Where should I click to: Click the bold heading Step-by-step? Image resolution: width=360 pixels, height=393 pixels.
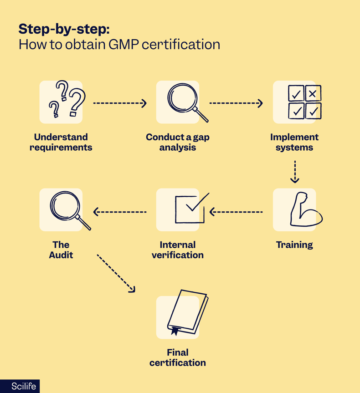click(64, 28)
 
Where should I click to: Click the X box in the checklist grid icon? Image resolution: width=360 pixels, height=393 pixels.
click(313, 94)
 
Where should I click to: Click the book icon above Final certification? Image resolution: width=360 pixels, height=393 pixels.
click(187, 312)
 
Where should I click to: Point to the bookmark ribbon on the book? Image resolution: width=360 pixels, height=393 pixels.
click(174, 331)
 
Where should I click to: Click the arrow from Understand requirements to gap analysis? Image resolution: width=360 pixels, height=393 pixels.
click(119, 103)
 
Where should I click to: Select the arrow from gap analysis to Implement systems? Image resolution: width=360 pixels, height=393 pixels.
click(236, 103)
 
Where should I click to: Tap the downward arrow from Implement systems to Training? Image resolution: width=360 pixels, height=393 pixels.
click(294, 171)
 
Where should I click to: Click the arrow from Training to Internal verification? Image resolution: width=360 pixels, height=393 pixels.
click(236, 212)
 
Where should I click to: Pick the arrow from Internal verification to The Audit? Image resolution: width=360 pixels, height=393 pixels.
click(119, 212)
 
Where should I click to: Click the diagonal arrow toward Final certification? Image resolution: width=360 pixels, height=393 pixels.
click(116, 273)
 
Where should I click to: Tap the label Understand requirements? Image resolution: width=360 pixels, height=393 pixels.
click(61, 142)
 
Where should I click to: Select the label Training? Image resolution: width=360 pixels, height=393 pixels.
click(294, 245)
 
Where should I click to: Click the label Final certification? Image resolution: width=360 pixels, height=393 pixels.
click(178, 357)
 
